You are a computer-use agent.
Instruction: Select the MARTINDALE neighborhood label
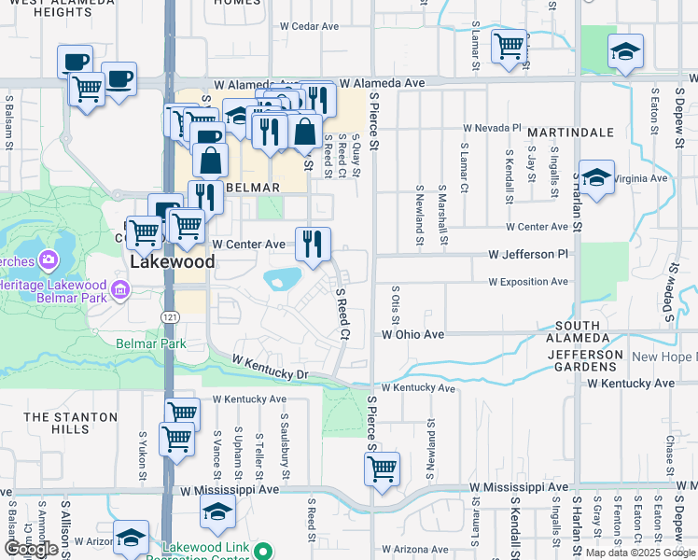(x=569, y=133)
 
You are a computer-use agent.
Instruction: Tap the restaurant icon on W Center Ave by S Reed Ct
(x=314, y=244)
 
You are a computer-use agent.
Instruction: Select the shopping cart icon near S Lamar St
(x=509, y=47)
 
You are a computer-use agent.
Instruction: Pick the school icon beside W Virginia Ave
(x=595, y=176)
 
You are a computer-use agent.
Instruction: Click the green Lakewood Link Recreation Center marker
(x=263, y=550)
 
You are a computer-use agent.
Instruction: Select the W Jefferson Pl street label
(x=527, y=254)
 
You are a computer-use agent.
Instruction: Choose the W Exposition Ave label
(x=527, y=281)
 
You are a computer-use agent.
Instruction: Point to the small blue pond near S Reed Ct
(x=283, y=278)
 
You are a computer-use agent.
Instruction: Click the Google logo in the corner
(x=31, y=549)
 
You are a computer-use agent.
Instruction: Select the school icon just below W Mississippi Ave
(x=216, y=511)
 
